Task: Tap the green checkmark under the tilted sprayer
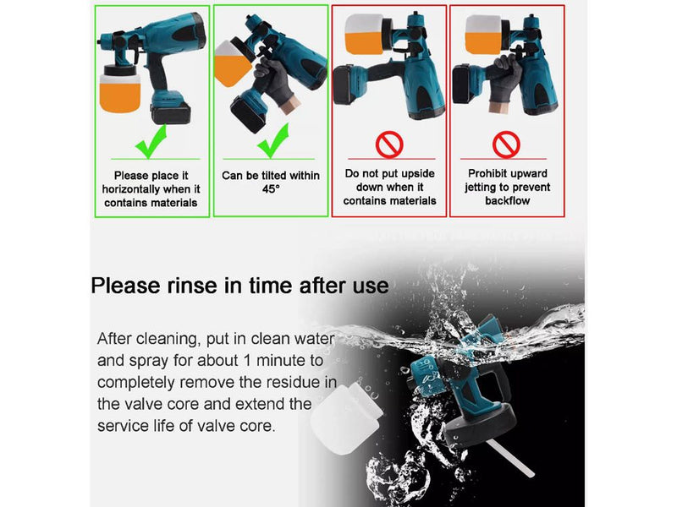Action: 272,141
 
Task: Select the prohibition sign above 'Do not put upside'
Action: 389,144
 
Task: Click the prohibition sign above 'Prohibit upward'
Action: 506,144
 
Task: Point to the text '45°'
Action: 271,189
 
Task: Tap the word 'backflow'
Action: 507,200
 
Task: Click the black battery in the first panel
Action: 171,113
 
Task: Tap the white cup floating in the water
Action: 346,418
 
